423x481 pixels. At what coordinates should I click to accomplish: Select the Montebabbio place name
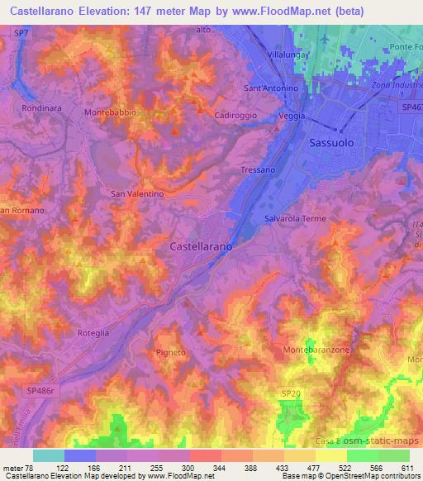point(110,112)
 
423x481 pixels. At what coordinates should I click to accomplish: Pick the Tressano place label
point(258,169)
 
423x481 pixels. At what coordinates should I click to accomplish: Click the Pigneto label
point(171,352)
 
